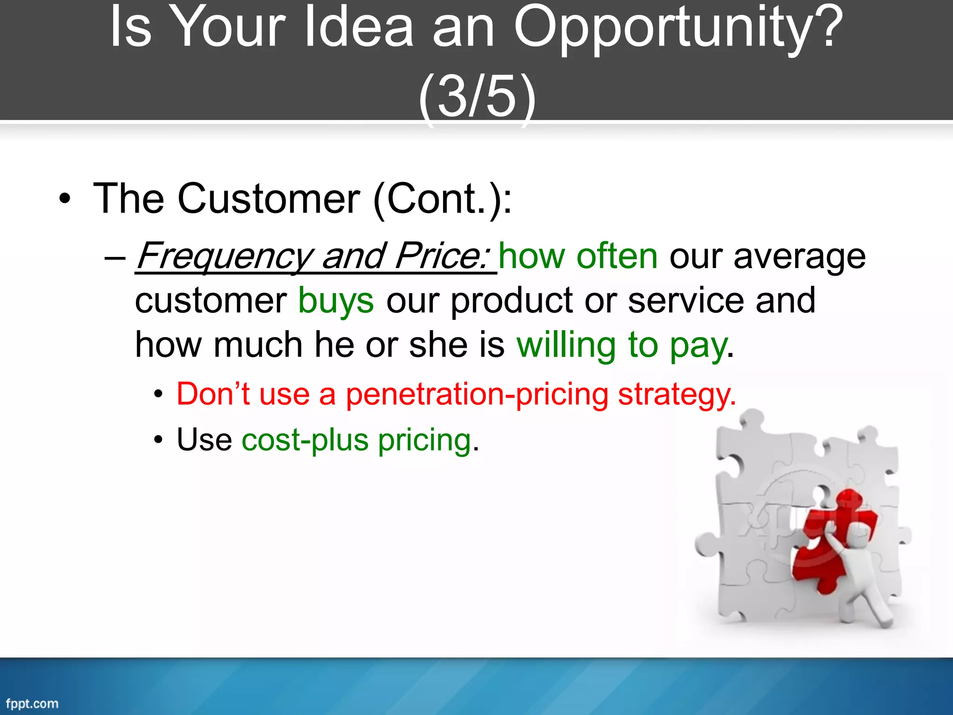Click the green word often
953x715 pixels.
[617, 257]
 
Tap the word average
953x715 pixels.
[799, 257]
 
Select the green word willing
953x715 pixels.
[566, 345]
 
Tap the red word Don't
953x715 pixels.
[213, 394]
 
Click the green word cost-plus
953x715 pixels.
[305, 440]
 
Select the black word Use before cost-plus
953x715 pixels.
[204, 440]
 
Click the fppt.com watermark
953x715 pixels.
[32, 703]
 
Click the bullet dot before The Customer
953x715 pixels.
[65, 199]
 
